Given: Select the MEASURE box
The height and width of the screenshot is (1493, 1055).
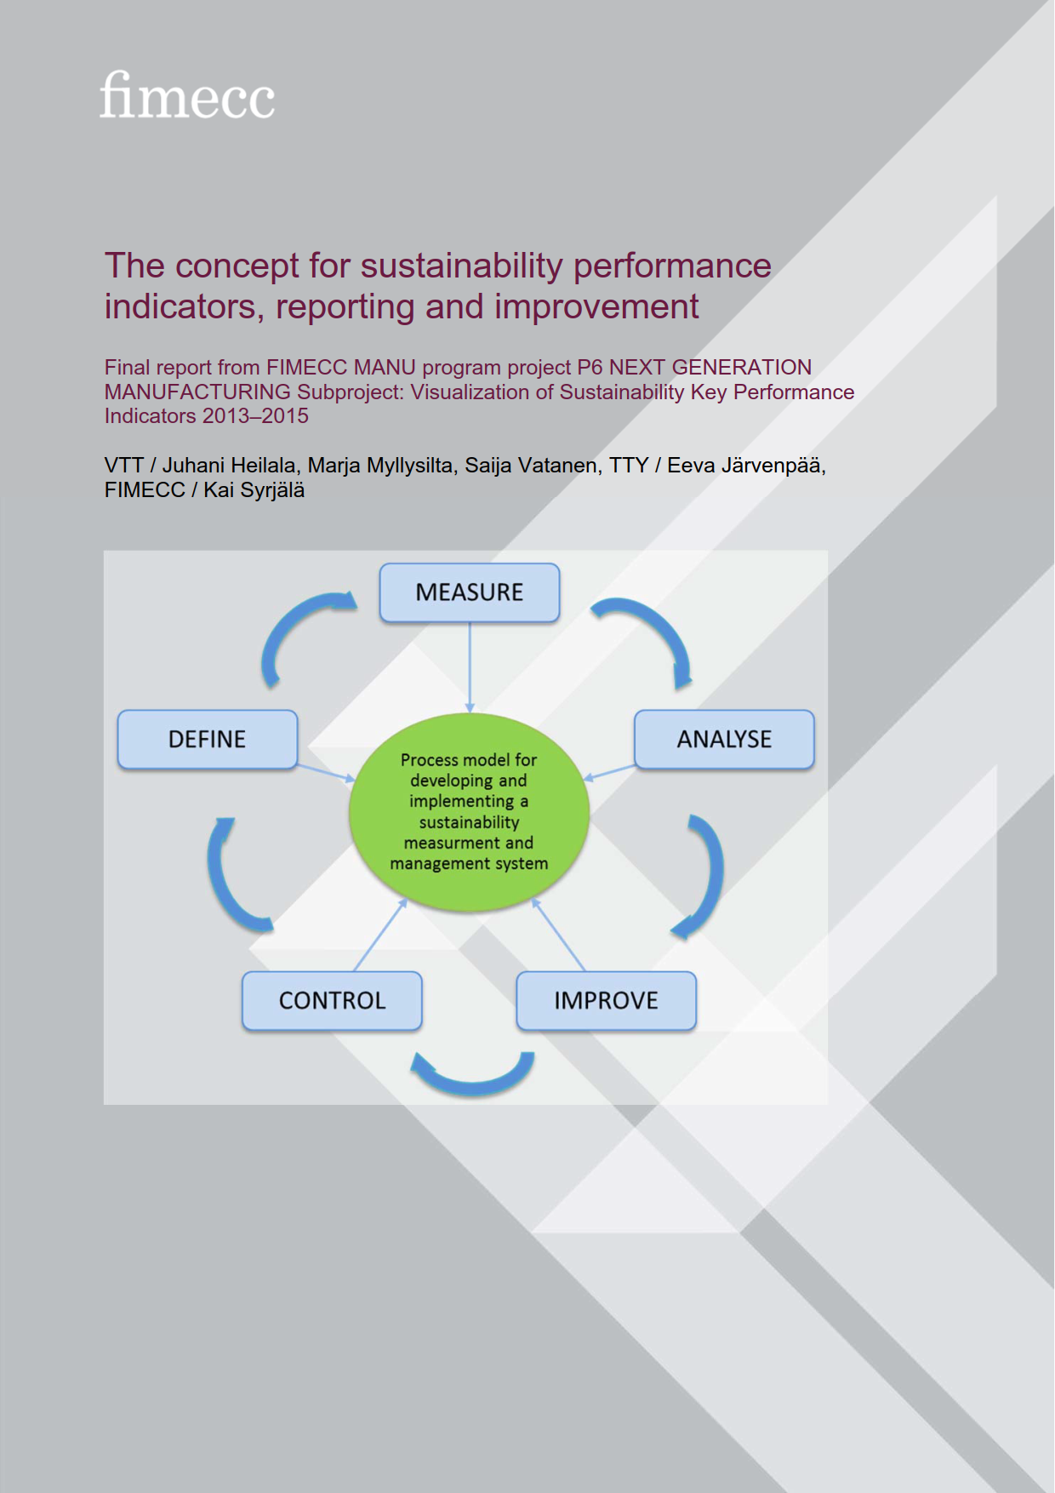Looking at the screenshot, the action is [470, 592].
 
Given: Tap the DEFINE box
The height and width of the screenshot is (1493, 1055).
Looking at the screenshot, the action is [208, 740].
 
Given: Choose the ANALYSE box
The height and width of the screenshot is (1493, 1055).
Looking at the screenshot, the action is [724, 740].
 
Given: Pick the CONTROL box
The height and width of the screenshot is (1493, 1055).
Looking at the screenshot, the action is [332, 1001].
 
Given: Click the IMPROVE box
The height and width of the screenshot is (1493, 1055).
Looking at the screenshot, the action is [607, 1001].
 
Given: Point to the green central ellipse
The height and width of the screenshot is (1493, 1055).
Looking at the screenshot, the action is [470, 812].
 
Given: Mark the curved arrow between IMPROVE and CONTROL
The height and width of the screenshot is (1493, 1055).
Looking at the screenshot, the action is [473, 1083].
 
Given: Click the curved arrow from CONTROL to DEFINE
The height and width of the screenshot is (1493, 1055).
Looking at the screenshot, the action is [220, 881].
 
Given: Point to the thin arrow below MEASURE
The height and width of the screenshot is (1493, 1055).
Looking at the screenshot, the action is [470, 667].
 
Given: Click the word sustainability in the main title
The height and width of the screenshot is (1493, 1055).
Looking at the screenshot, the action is [462, 266].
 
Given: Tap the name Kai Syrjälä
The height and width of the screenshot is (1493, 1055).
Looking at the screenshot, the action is [254, 490].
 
